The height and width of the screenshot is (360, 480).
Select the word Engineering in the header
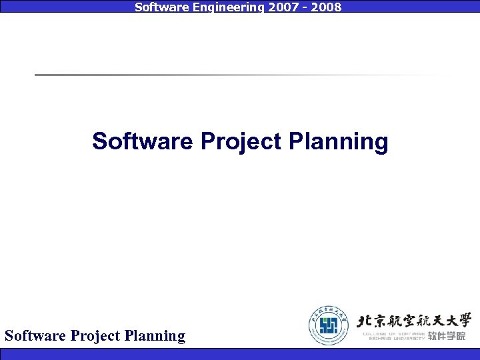click(217, 7)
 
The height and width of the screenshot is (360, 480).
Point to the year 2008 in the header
click(327, 7)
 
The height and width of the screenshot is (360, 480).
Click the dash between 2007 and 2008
click(301, 8)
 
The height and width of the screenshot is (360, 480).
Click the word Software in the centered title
click(143, 141)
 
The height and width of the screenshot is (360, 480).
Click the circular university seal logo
click(329, 325)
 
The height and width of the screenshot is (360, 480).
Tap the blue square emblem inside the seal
click(329, 326)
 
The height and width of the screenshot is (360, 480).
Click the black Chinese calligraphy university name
click(414, 320)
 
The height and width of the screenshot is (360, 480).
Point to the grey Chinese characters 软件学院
click(447, 336)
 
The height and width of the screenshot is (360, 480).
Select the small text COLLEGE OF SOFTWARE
click(393, 333)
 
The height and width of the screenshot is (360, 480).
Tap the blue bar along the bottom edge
click(240, 354)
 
